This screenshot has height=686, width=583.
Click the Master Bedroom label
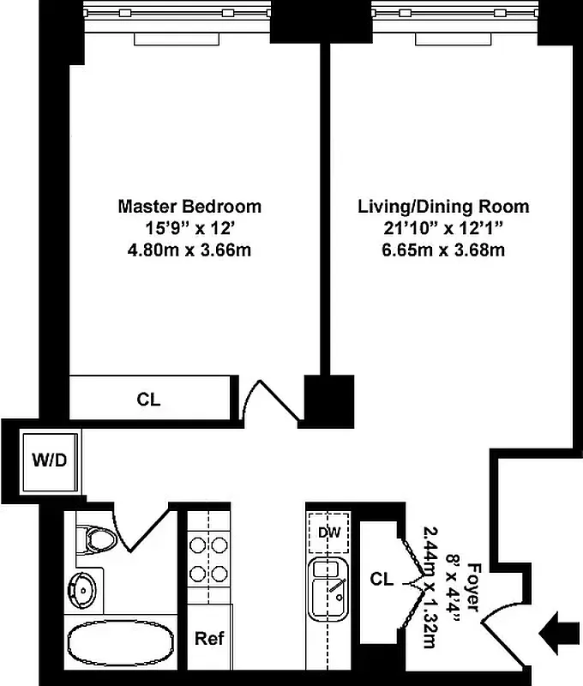point(189,207)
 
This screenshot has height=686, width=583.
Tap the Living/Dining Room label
point(442,207)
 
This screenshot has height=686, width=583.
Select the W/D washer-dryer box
point(49,460)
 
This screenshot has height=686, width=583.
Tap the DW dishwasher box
point(329,533)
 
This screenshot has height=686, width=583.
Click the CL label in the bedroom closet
point(148,400)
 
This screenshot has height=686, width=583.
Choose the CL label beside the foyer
point(382,581)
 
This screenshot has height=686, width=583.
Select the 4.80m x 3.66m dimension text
point(189,250)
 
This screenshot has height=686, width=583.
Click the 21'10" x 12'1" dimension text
point(442,228)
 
